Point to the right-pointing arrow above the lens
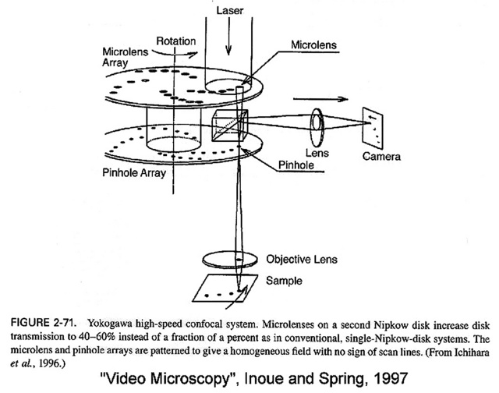317,99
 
